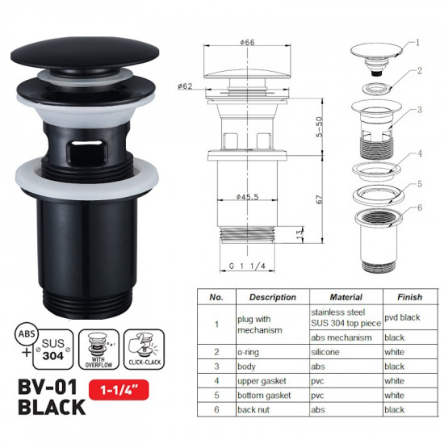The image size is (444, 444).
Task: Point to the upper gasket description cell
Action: coord(261,380)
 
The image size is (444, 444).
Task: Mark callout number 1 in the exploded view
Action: coord(419,40)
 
